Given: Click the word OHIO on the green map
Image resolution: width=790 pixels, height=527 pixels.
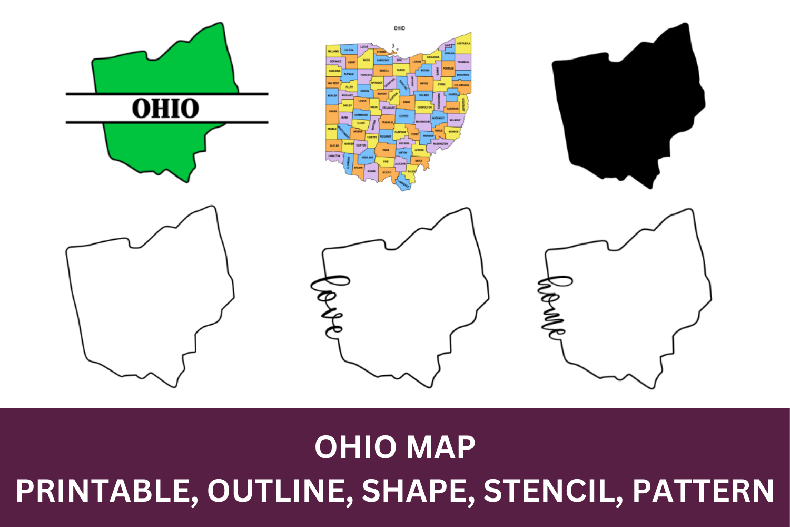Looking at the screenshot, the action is [x=165, y=109].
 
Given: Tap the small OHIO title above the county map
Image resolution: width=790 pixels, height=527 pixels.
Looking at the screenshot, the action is [x=399, y=28].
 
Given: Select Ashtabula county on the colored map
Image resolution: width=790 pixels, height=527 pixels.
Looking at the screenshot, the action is [x=463, y=44].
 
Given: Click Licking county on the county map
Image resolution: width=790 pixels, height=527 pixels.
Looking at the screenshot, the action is [x=403, y=115].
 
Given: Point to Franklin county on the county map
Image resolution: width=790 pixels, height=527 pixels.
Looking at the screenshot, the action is [x=388, y=122].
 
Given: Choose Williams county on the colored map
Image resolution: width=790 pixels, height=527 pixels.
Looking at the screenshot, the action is [x=333, y=51].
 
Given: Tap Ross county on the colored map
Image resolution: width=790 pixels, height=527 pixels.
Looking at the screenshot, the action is [x=386, y=149].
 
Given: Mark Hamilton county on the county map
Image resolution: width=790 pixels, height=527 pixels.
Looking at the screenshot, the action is [x=334, y=156].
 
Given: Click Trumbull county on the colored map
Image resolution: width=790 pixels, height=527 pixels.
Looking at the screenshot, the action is [x=463, y=62].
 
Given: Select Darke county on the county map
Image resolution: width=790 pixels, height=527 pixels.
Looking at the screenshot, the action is [x=333, y=111].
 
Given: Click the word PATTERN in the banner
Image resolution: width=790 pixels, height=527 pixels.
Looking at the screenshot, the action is [x=703, y=491].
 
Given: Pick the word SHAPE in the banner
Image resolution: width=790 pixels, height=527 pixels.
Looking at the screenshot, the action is [x=415, y=491].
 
